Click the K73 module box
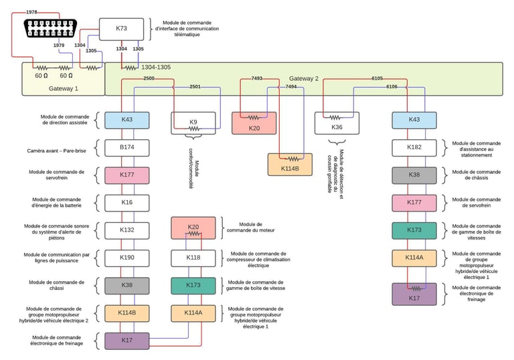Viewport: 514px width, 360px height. click(121, 28)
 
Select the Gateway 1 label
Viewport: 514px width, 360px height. click(64, 88)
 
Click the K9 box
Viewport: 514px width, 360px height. click(193, 122)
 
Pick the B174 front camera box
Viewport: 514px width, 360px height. click(126, 147)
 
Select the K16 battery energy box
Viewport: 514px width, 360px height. click(126, 201)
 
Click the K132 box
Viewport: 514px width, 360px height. click(126, 230)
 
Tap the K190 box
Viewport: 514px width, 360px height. click(126, 257)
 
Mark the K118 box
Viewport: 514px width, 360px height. click(193, 257)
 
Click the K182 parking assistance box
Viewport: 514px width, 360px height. click(414, 147)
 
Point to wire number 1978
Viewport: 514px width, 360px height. click(31, 13)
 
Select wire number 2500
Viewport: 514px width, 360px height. click(149, 79)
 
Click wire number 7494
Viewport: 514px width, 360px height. click(291, 86)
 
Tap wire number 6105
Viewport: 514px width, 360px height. click(377, 79)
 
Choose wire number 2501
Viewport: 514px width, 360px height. click(195, 86)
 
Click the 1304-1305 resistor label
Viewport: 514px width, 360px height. click(155, 68)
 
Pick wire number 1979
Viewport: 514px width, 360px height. click(58, 46)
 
